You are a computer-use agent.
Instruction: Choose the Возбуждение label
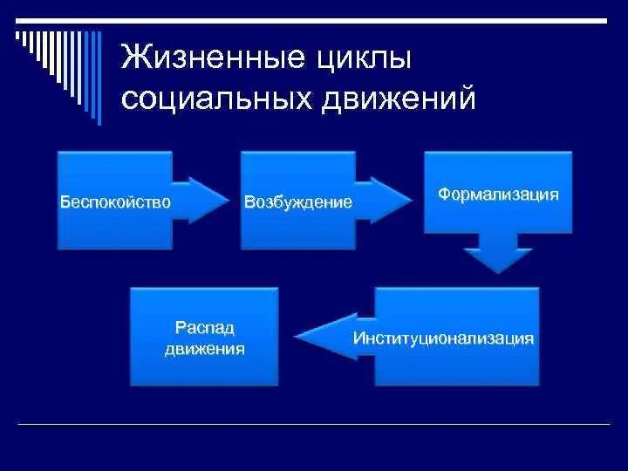[x=298, y=202]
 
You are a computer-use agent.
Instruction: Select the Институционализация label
[x=444, y=338]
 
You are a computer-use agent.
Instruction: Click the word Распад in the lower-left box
[x=204, y=328]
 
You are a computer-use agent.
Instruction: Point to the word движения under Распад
[x=204, y=348]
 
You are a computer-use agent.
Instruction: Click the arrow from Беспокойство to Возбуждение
[x=200, y=200]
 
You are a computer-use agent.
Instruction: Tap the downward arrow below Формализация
[x=498, y=253]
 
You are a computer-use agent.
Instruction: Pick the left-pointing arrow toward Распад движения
[x=327, y=337]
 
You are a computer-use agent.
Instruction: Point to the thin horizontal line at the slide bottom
[x=314, y=424]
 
